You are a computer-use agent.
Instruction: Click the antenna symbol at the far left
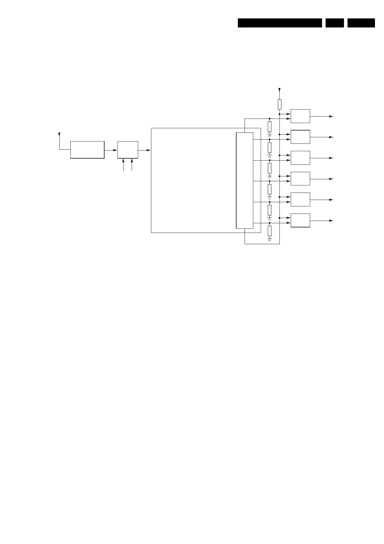point(59,134)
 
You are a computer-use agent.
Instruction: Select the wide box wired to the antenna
point(87,150)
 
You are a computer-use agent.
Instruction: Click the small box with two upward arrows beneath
point(127,150)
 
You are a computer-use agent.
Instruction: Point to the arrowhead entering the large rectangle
point(148,150)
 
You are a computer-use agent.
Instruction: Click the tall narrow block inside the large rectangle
point(245,180)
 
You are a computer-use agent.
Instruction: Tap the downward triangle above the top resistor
point(279,89)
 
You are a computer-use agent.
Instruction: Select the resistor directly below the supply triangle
point(279,104)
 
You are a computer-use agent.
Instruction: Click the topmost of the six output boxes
point(300,116)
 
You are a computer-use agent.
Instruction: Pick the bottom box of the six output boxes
point(300,220)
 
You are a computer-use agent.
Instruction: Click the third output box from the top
point(300,158)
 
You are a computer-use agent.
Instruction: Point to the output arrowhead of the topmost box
point(331,116)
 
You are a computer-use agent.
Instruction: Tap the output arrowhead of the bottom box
point(331,221)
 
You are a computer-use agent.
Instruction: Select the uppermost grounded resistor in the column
point(269,127)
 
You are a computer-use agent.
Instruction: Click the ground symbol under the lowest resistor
point(269,239)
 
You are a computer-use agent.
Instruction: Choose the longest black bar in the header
point(280,23)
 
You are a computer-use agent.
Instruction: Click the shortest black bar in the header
point(335,23)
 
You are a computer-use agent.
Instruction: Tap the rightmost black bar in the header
point(361,23)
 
